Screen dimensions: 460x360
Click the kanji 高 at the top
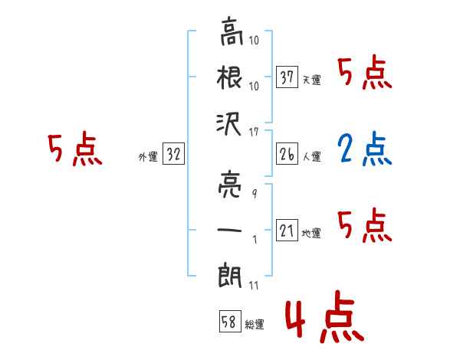click(x=232, y=31)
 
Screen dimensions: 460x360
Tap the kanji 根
click(x=229, y=77)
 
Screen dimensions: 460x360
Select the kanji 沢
click(x=228, y=124)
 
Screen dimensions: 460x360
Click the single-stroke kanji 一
click(x=229, y=230)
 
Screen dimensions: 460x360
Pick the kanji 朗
click(x=230, y=276)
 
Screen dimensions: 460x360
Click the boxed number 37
click(x=287, y=77)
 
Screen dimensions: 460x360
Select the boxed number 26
click(x=287, y=154)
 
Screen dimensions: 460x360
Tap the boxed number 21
click(x=287, y=230)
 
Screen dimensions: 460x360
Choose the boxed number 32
click(x=173, y=153)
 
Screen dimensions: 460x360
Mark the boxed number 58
click(x=230, y=321)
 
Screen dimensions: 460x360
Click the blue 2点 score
click(x=365, y=149)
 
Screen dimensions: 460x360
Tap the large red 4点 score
click(x=324, y=316)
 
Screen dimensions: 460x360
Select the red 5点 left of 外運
click(x=75, y=149)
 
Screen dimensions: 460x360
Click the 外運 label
click(x=148, y=157)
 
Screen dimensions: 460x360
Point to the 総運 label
click(x=255, y=325)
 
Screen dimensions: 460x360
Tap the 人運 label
click(x=311, y=156)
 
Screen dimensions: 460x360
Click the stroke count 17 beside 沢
click(x=254, y=133)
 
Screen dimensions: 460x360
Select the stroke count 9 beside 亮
click(x=255, y=194)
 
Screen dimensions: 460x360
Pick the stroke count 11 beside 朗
click(x=254, y=286)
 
